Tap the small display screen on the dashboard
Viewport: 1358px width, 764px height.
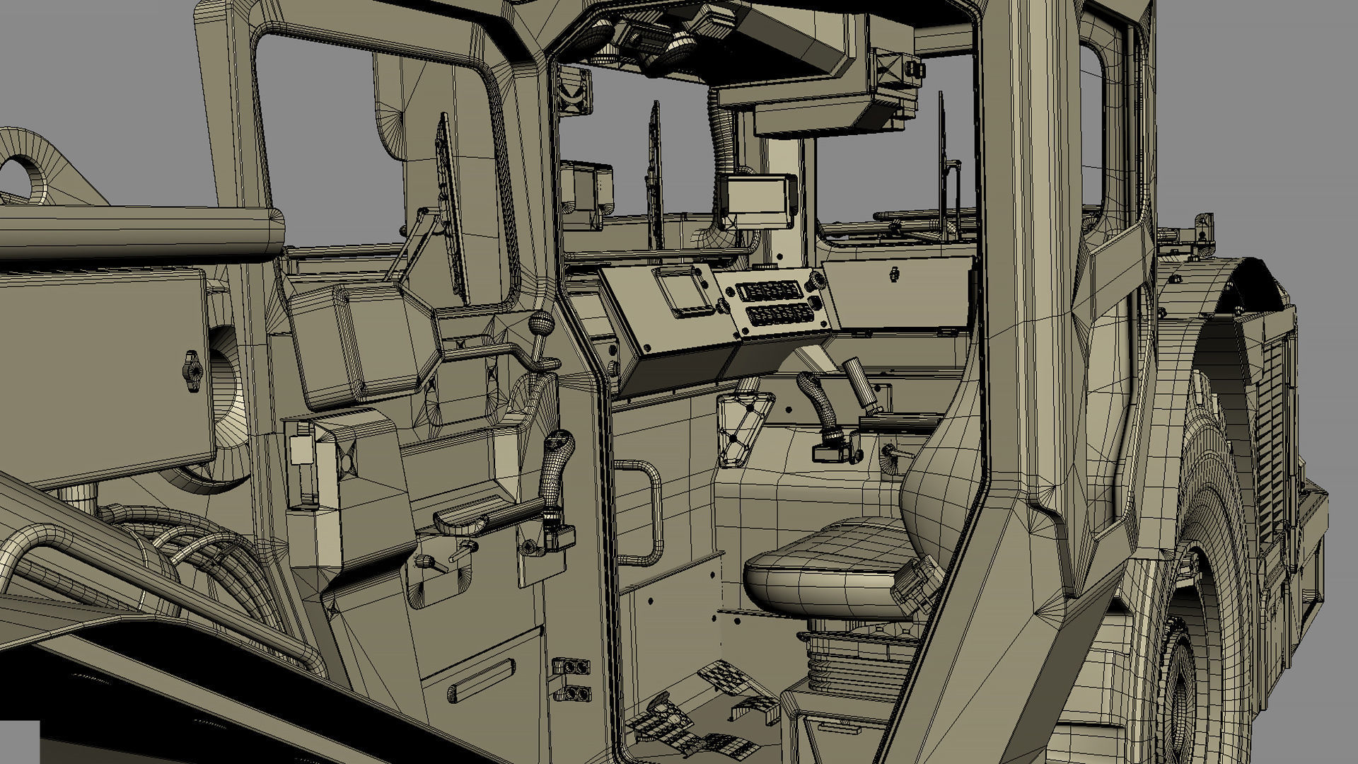(x=683, y=292)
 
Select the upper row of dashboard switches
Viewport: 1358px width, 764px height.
(x=767, y=290)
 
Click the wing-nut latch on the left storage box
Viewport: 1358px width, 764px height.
(x=191, y=370)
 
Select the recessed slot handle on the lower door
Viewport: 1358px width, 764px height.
(x=481, y=681)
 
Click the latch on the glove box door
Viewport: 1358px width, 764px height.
(x=895, y=274)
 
